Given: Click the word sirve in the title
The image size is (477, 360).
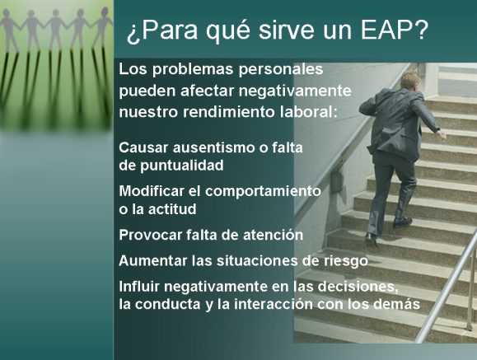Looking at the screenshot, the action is tap(286, 30).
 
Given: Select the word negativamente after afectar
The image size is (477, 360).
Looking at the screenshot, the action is tap(295, 91).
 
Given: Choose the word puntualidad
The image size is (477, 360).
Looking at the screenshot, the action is tap(181, 166).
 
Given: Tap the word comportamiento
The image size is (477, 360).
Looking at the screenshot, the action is tap(263, 191).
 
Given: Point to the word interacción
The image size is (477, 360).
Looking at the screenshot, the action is tap(274, 304).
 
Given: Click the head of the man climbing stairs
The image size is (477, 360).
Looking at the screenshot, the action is tap(409, 80).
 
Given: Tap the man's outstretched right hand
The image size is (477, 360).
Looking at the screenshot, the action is tap(442, 133).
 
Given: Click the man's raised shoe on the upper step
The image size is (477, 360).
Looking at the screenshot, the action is tap(402, 222).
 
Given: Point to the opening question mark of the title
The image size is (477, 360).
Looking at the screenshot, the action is tap(132, 35).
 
